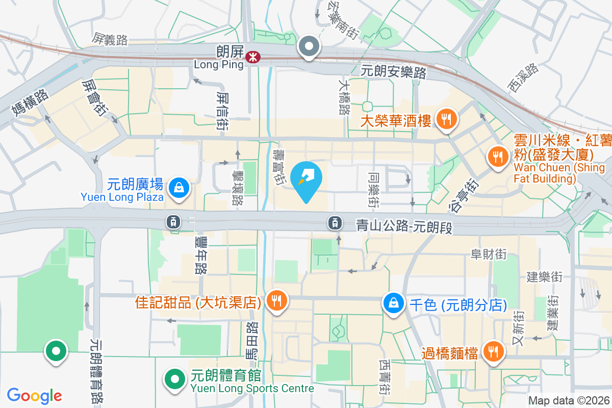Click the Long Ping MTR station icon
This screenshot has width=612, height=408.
tap(251, 57)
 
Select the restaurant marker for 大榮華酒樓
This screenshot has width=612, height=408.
tap(447, 120)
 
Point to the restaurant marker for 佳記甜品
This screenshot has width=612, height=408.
tap(276, 301)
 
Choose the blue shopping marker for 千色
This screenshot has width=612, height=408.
tap(394, 303)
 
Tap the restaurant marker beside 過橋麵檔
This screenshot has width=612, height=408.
tap(493, 351)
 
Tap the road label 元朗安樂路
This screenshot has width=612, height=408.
tap(393, 72)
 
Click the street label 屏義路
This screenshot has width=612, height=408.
tap(110, 39)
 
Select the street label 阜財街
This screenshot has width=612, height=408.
tap(489, 254)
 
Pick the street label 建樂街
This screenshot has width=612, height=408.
tap(544, 277)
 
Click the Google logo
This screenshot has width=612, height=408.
tap(35, 396)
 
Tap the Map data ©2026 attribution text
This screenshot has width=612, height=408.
tap(568, 401)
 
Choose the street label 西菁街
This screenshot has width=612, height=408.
tap(385, 376)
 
